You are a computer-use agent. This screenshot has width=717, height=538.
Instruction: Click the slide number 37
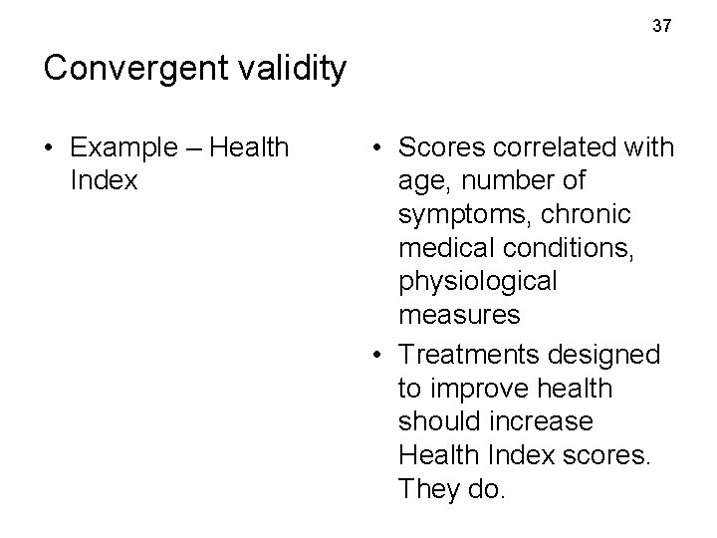(662, 26)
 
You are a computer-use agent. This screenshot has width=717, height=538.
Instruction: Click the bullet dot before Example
(50, 149)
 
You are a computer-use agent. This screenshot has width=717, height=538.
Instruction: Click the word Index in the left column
(105, 182)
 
